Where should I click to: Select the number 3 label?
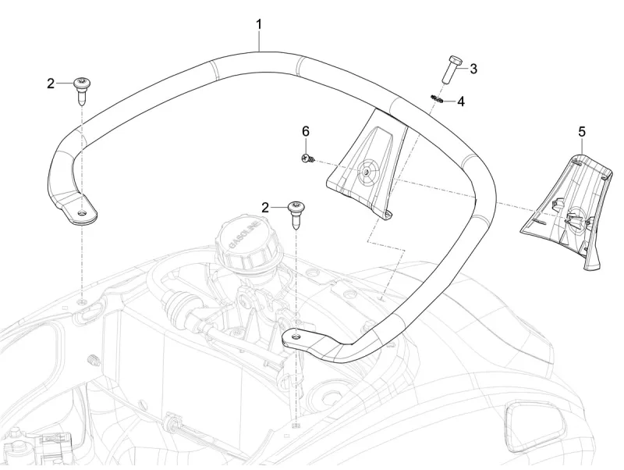473,69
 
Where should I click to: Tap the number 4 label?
461,101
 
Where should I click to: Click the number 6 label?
306,131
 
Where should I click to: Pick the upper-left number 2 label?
51,84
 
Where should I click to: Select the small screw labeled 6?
307,158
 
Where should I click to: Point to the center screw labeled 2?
297,212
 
